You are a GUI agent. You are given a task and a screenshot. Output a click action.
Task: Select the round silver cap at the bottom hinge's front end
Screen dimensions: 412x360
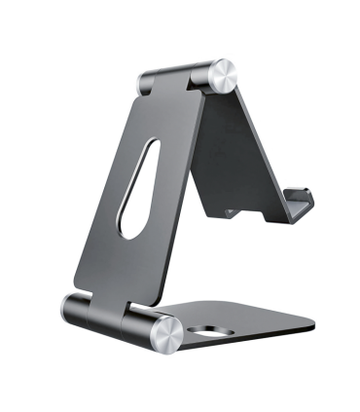164,333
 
